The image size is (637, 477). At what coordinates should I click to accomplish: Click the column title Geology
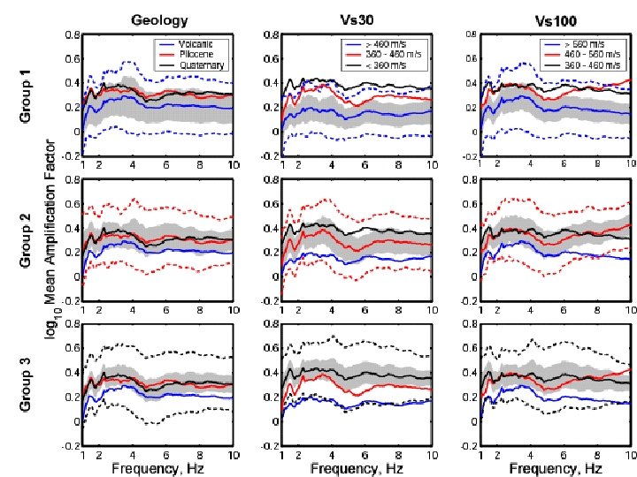coord(158,19)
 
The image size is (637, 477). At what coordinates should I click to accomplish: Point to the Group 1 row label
coord(28,96)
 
